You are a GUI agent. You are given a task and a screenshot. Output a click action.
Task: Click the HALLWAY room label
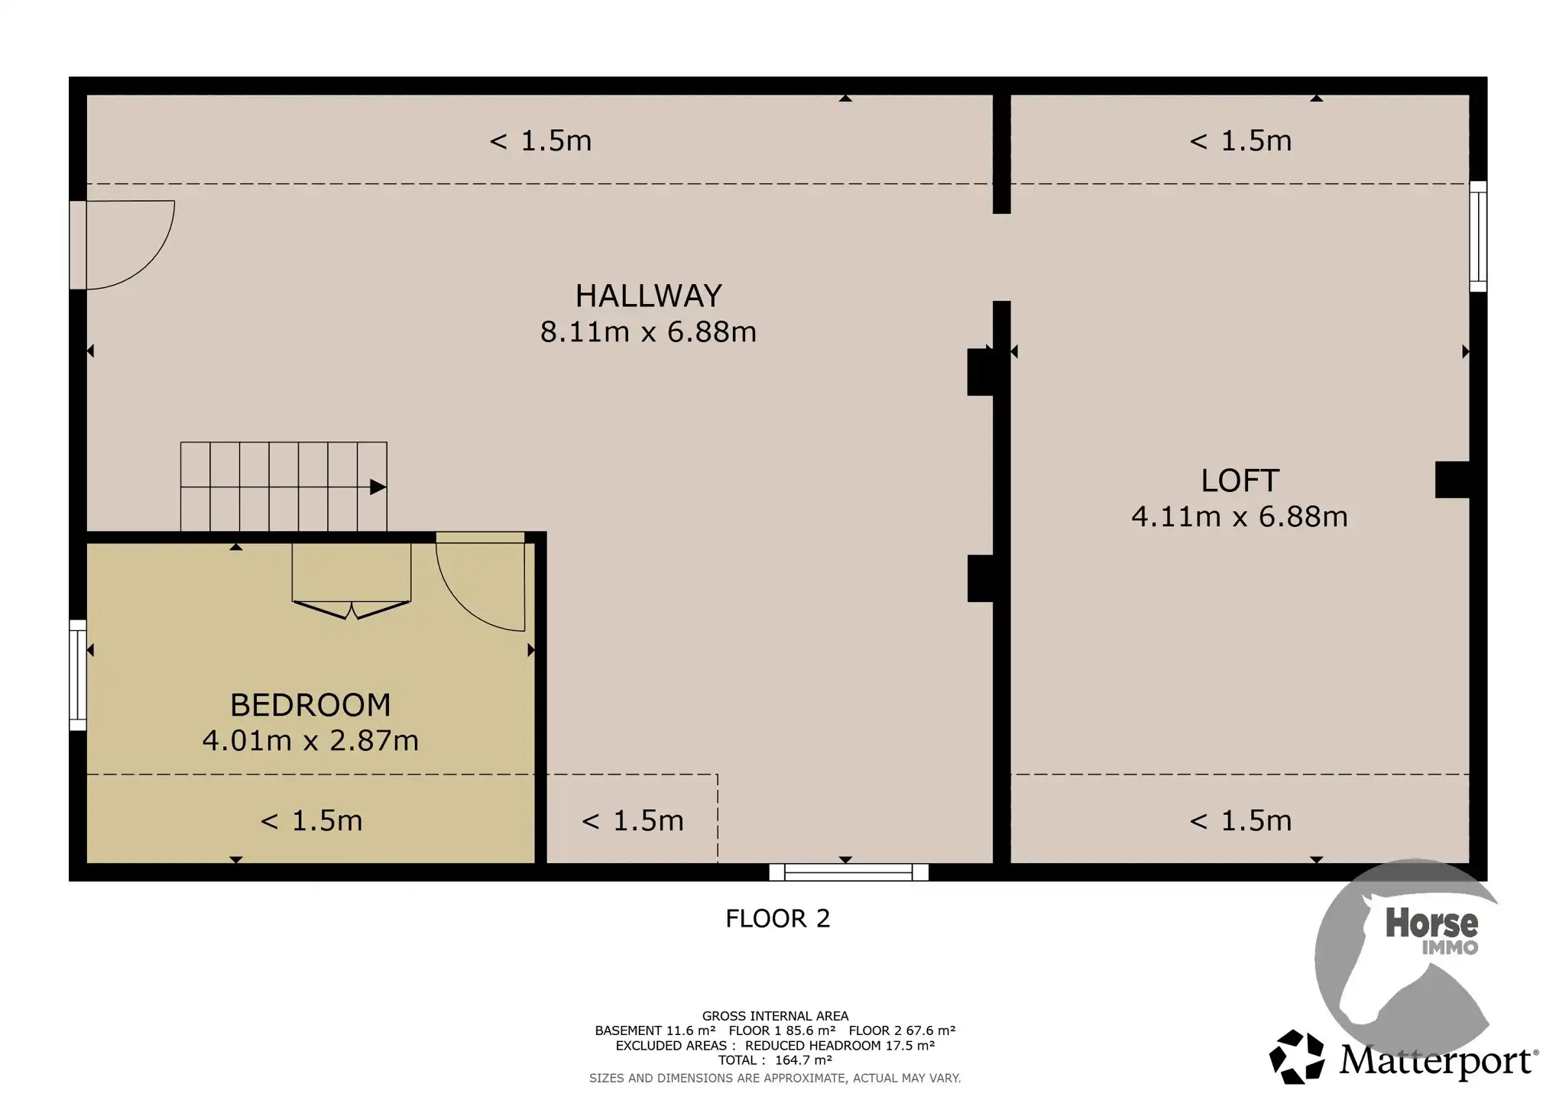coord(648,296)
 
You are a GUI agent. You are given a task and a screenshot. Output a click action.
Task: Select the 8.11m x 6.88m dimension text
coord(648,332)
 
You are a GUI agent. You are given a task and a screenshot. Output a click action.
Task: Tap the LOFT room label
coord(1240,480)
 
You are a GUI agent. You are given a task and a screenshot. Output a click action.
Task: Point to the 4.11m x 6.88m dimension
coord(1240,517)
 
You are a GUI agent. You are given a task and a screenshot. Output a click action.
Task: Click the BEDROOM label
coord(310,705)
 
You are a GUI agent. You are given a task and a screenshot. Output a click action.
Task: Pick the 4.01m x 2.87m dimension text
coord(310,741)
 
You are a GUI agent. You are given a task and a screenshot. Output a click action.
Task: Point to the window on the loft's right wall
coord(1478,237)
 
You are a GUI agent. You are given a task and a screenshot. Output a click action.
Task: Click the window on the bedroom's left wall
coord(78,675)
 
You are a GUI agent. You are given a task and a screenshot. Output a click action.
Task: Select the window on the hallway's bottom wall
coord(848,872)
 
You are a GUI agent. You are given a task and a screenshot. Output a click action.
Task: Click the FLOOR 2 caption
coord(777,918)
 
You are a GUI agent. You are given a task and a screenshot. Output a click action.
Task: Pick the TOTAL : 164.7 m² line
coord(775,1060)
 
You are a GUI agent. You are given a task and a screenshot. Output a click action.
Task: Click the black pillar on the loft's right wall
coord(1452,480)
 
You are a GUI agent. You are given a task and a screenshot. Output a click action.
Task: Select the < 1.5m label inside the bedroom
coord(311,820)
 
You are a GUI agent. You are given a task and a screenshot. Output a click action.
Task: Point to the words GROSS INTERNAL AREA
coord(775,1016)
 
